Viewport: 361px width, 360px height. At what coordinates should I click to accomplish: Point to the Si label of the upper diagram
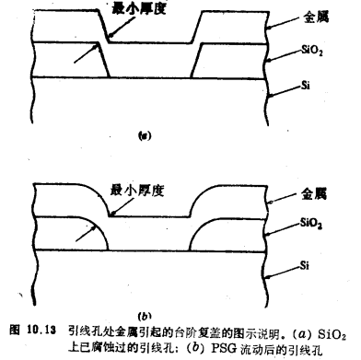(305, 86)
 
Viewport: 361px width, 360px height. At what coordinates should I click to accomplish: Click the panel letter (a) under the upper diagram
(144, 135)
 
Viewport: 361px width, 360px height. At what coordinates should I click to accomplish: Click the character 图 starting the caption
(12, 329)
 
